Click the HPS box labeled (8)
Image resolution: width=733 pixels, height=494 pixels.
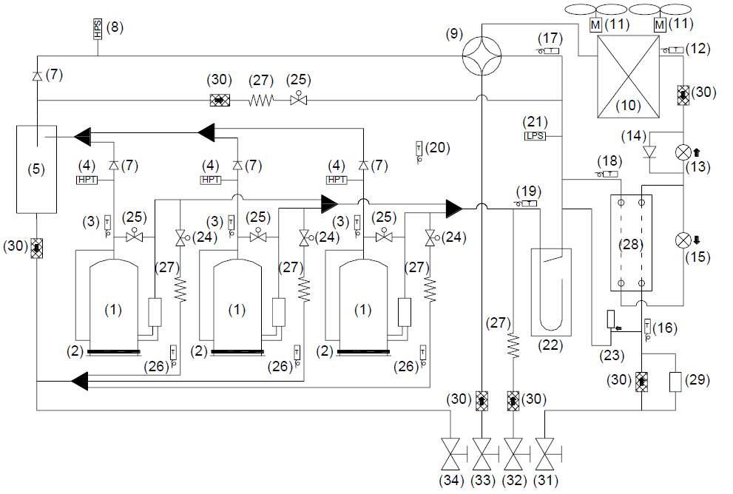click(x=98, y=29)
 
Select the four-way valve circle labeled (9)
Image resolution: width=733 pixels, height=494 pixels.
click(x=481, y=54)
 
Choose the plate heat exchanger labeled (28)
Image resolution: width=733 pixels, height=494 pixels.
click(x=631, y=243)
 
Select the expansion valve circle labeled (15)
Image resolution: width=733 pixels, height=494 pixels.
click(x=682, y=240)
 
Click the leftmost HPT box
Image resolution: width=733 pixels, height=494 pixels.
click(x=87, y=180)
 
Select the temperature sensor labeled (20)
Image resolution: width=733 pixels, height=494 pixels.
click(x=418, y=150)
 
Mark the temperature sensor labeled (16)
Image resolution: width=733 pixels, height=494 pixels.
click(x=647, y=328)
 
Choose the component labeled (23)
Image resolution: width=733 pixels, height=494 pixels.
click(x=611, y=319)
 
